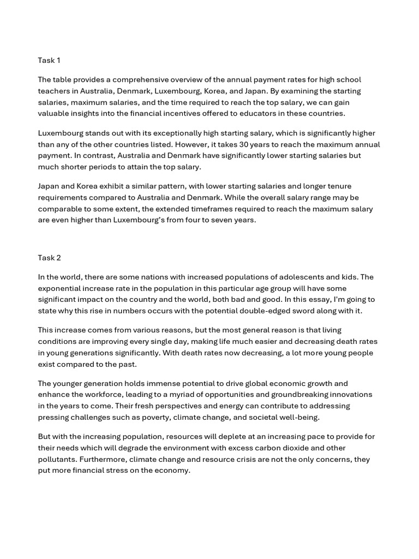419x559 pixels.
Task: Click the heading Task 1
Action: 50,60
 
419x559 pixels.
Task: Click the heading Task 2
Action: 50,258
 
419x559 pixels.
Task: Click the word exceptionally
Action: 163,133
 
